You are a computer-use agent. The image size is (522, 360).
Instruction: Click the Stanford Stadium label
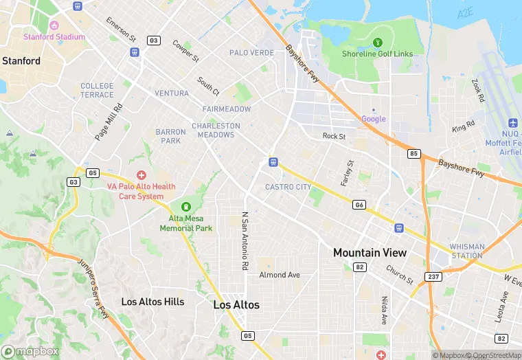tap(54, 37)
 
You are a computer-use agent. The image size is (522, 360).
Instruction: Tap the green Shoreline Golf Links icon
tap(377, 43)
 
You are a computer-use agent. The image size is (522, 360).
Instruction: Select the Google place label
tap(374, 119)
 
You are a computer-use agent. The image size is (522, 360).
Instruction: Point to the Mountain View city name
tap(370, 253)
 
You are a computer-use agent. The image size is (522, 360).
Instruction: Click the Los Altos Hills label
tap(152, 302)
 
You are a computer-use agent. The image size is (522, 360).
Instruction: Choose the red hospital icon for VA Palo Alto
tap(141, 176)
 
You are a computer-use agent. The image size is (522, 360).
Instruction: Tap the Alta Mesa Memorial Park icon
tap(185, 207)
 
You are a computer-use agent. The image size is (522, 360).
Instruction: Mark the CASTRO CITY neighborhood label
tap(288, 187)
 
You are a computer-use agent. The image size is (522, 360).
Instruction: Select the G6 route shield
tap(359, 205)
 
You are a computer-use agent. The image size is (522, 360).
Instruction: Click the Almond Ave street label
tap(280, 275)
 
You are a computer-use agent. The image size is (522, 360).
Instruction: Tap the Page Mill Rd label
tap(108, 123)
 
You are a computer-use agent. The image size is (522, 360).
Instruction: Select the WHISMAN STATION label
tap(467, 251)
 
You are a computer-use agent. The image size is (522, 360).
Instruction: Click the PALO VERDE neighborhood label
tap(251, 53)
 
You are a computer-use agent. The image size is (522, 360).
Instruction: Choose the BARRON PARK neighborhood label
tap(170, 136)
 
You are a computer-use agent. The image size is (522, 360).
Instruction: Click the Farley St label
tap(346, 173)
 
